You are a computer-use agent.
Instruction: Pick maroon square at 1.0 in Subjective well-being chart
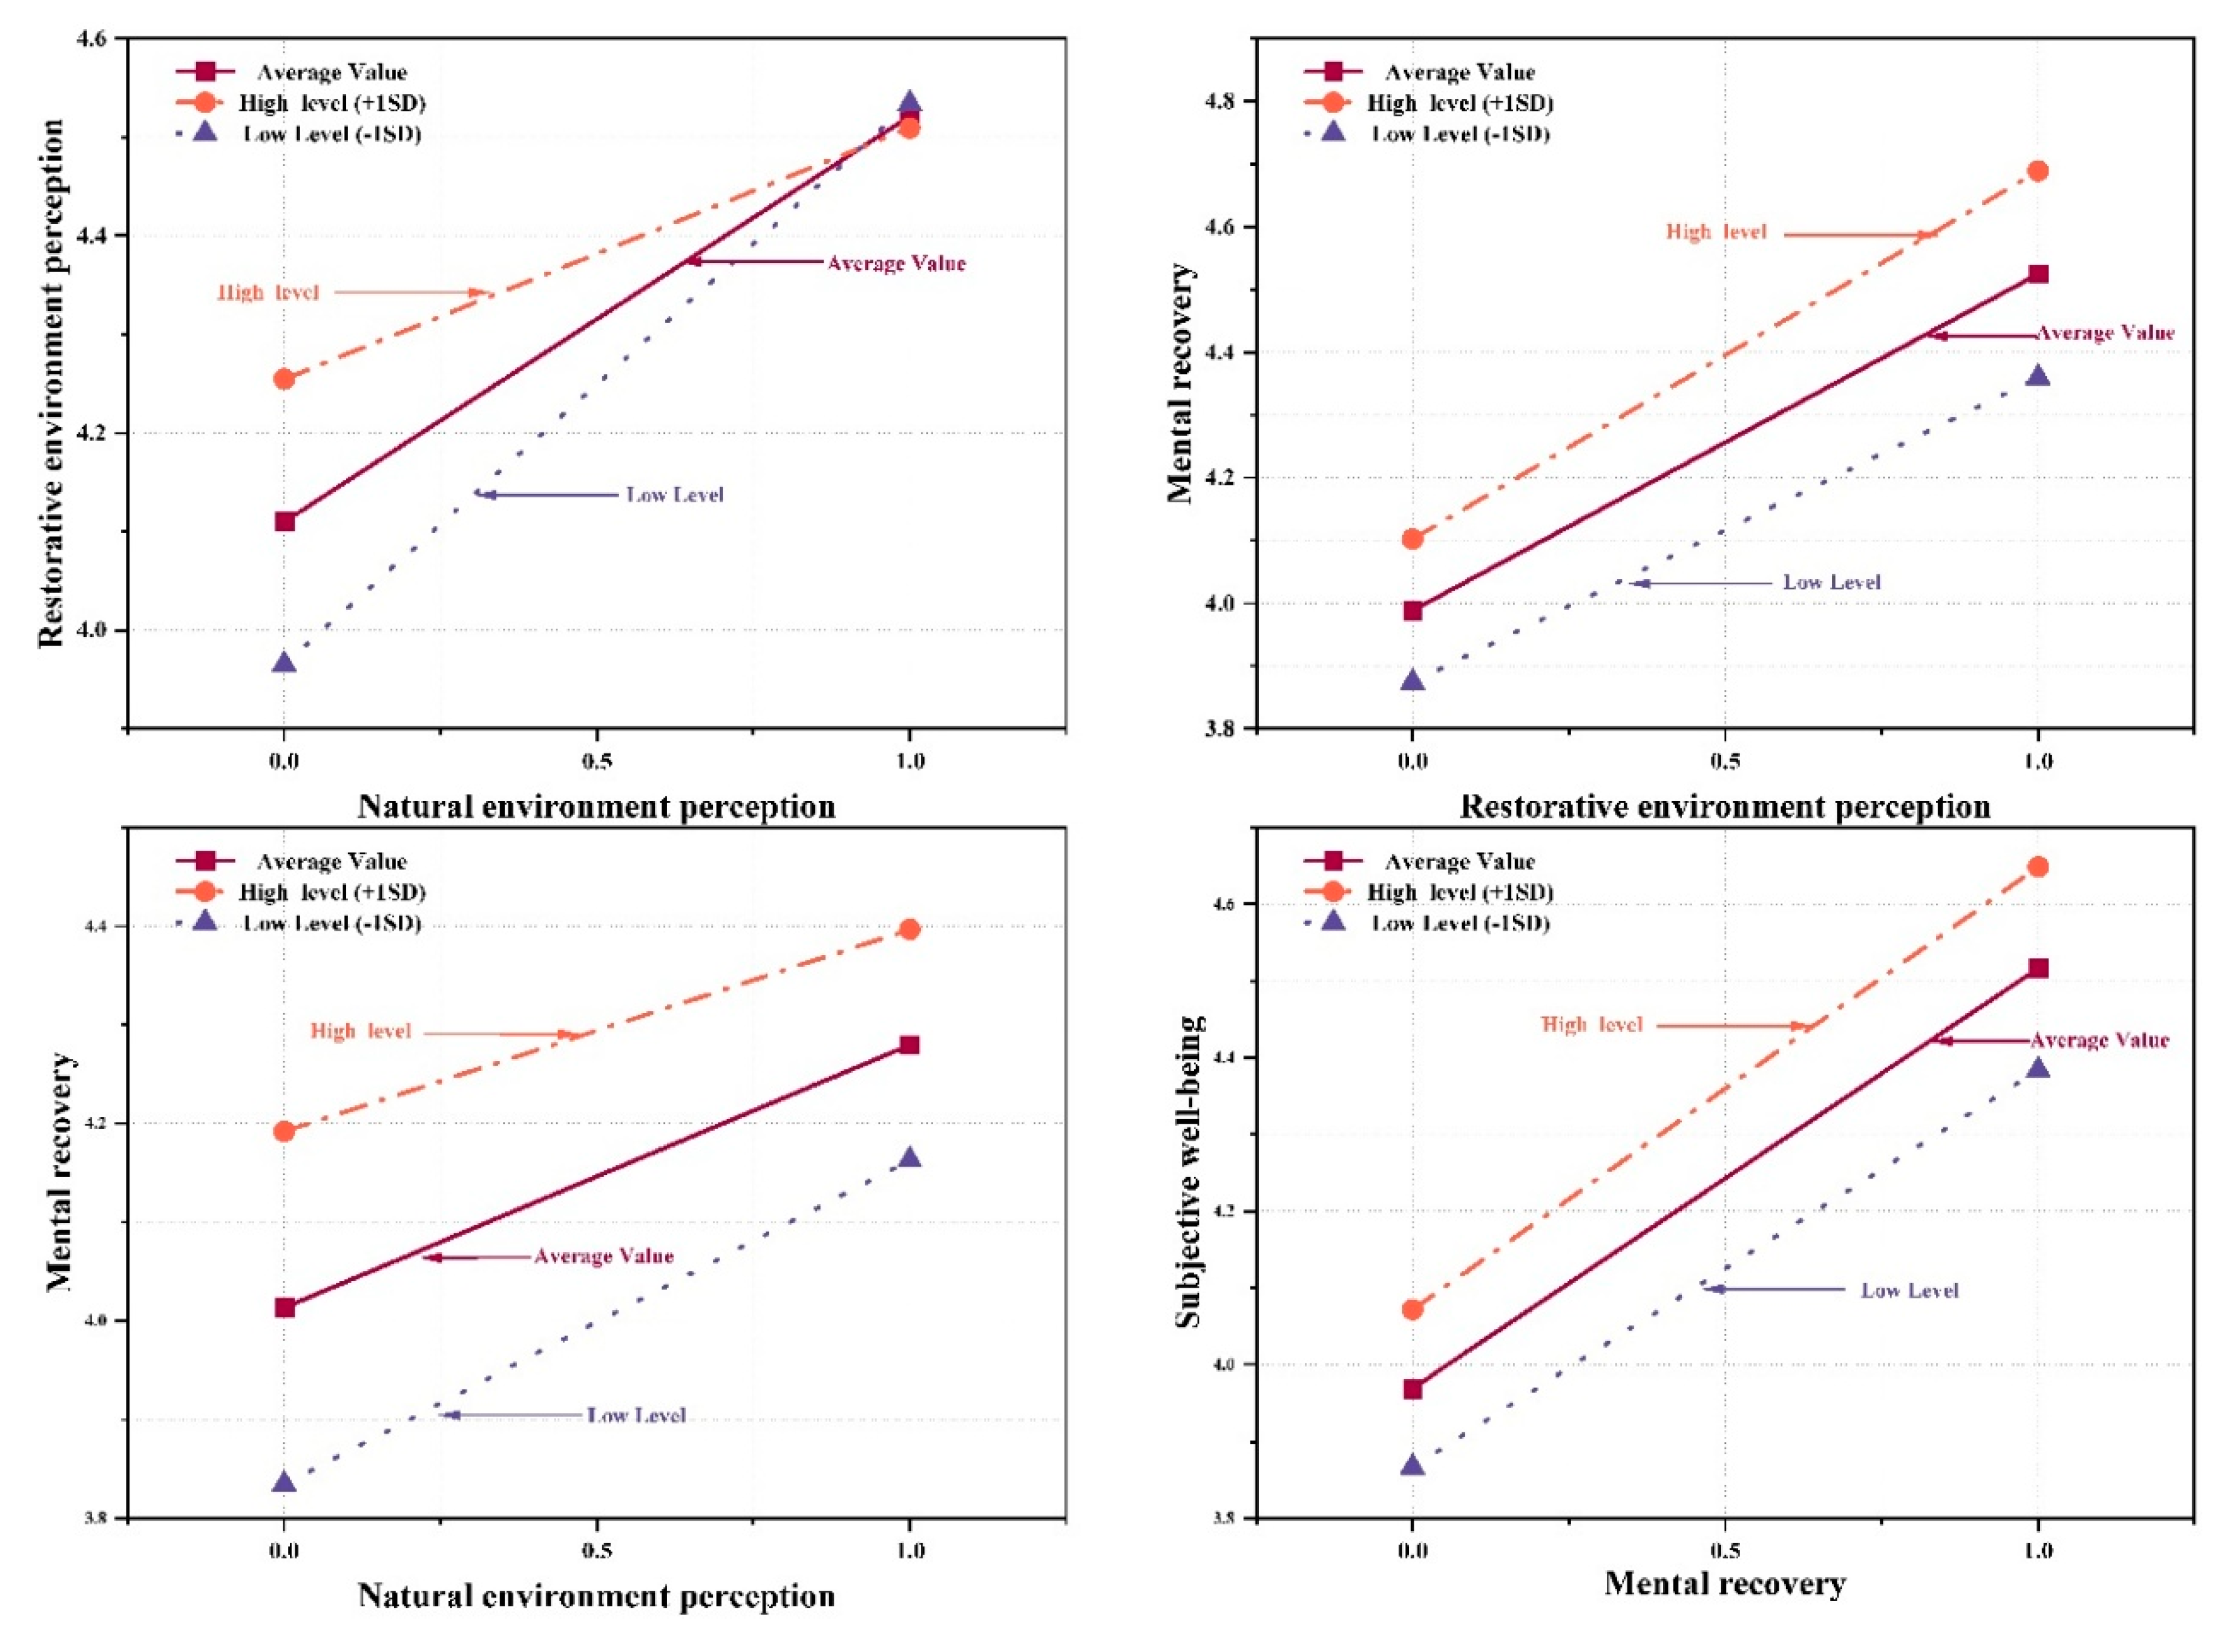pos(2037,969)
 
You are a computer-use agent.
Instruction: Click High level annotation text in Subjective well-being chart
pos(1592,1025)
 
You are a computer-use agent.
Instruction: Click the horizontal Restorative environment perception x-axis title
pos(1725,807)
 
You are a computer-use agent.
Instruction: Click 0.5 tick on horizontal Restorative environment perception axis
pos(1725,762)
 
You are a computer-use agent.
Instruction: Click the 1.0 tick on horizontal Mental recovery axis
pos(2037,1551)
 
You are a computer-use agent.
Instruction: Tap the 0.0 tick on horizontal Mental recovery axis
pos(1412,1551)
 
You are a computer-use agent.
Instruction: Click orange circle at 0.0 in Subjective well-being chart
pos(1412,1310)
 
